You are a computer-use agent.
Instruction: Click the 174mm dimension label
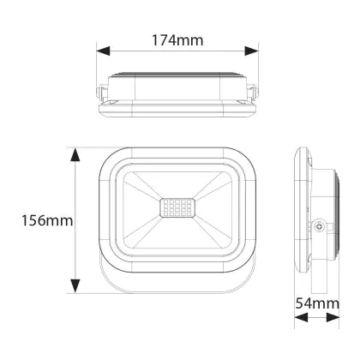[x=177, y=40]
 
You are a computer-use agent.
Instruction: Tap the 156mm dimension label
[x=47, y=220]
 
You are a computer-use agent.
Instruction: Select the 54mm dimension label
[x=317, y=303]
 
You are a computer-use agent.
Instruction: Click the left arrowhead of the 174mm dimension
[x=103, y=51]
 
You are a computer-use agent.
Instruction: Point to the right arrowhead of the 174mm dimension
[x=252, y=51]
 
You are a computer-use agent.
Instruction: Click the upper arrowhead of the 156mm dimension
[x=75, y=155]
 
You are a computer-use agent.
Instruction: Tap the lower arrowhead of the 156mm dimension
[x=75, y=286]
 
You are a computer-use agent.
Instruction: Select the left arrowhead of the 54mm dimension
[x=301, y=317]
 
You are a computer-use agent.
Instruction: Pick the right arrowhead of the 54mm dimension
[x=333, y=317]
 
